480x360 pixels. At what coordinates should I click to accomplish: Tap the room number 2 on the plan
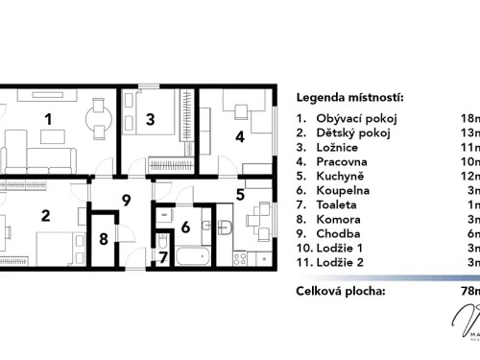tap(45, 215)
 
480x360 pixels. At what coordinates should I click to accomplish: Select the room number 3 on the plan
tap(151, 120)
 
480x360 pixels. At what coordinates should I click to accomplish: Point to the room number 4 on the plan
tap(240, 136)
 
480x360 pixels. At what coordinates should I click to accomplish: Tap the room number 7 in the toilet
tap(163, 256)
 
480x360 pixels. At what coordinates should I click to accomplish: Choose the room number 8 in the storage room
tap(104, 240)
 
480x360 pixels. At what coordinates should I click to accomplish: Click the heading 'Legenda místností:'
tap(349, 98)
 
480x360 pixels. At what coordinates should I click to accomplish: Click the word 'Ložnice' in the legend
tap(339, 148)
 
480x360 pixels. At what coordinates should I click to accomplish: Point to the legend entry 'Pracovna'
tap(343, 162)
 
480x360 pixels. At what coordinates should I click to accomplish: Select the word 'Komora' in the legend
tap(340, 220)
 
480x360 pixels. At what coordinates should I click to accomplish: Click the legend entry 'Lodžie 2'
tap(343, 263)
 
